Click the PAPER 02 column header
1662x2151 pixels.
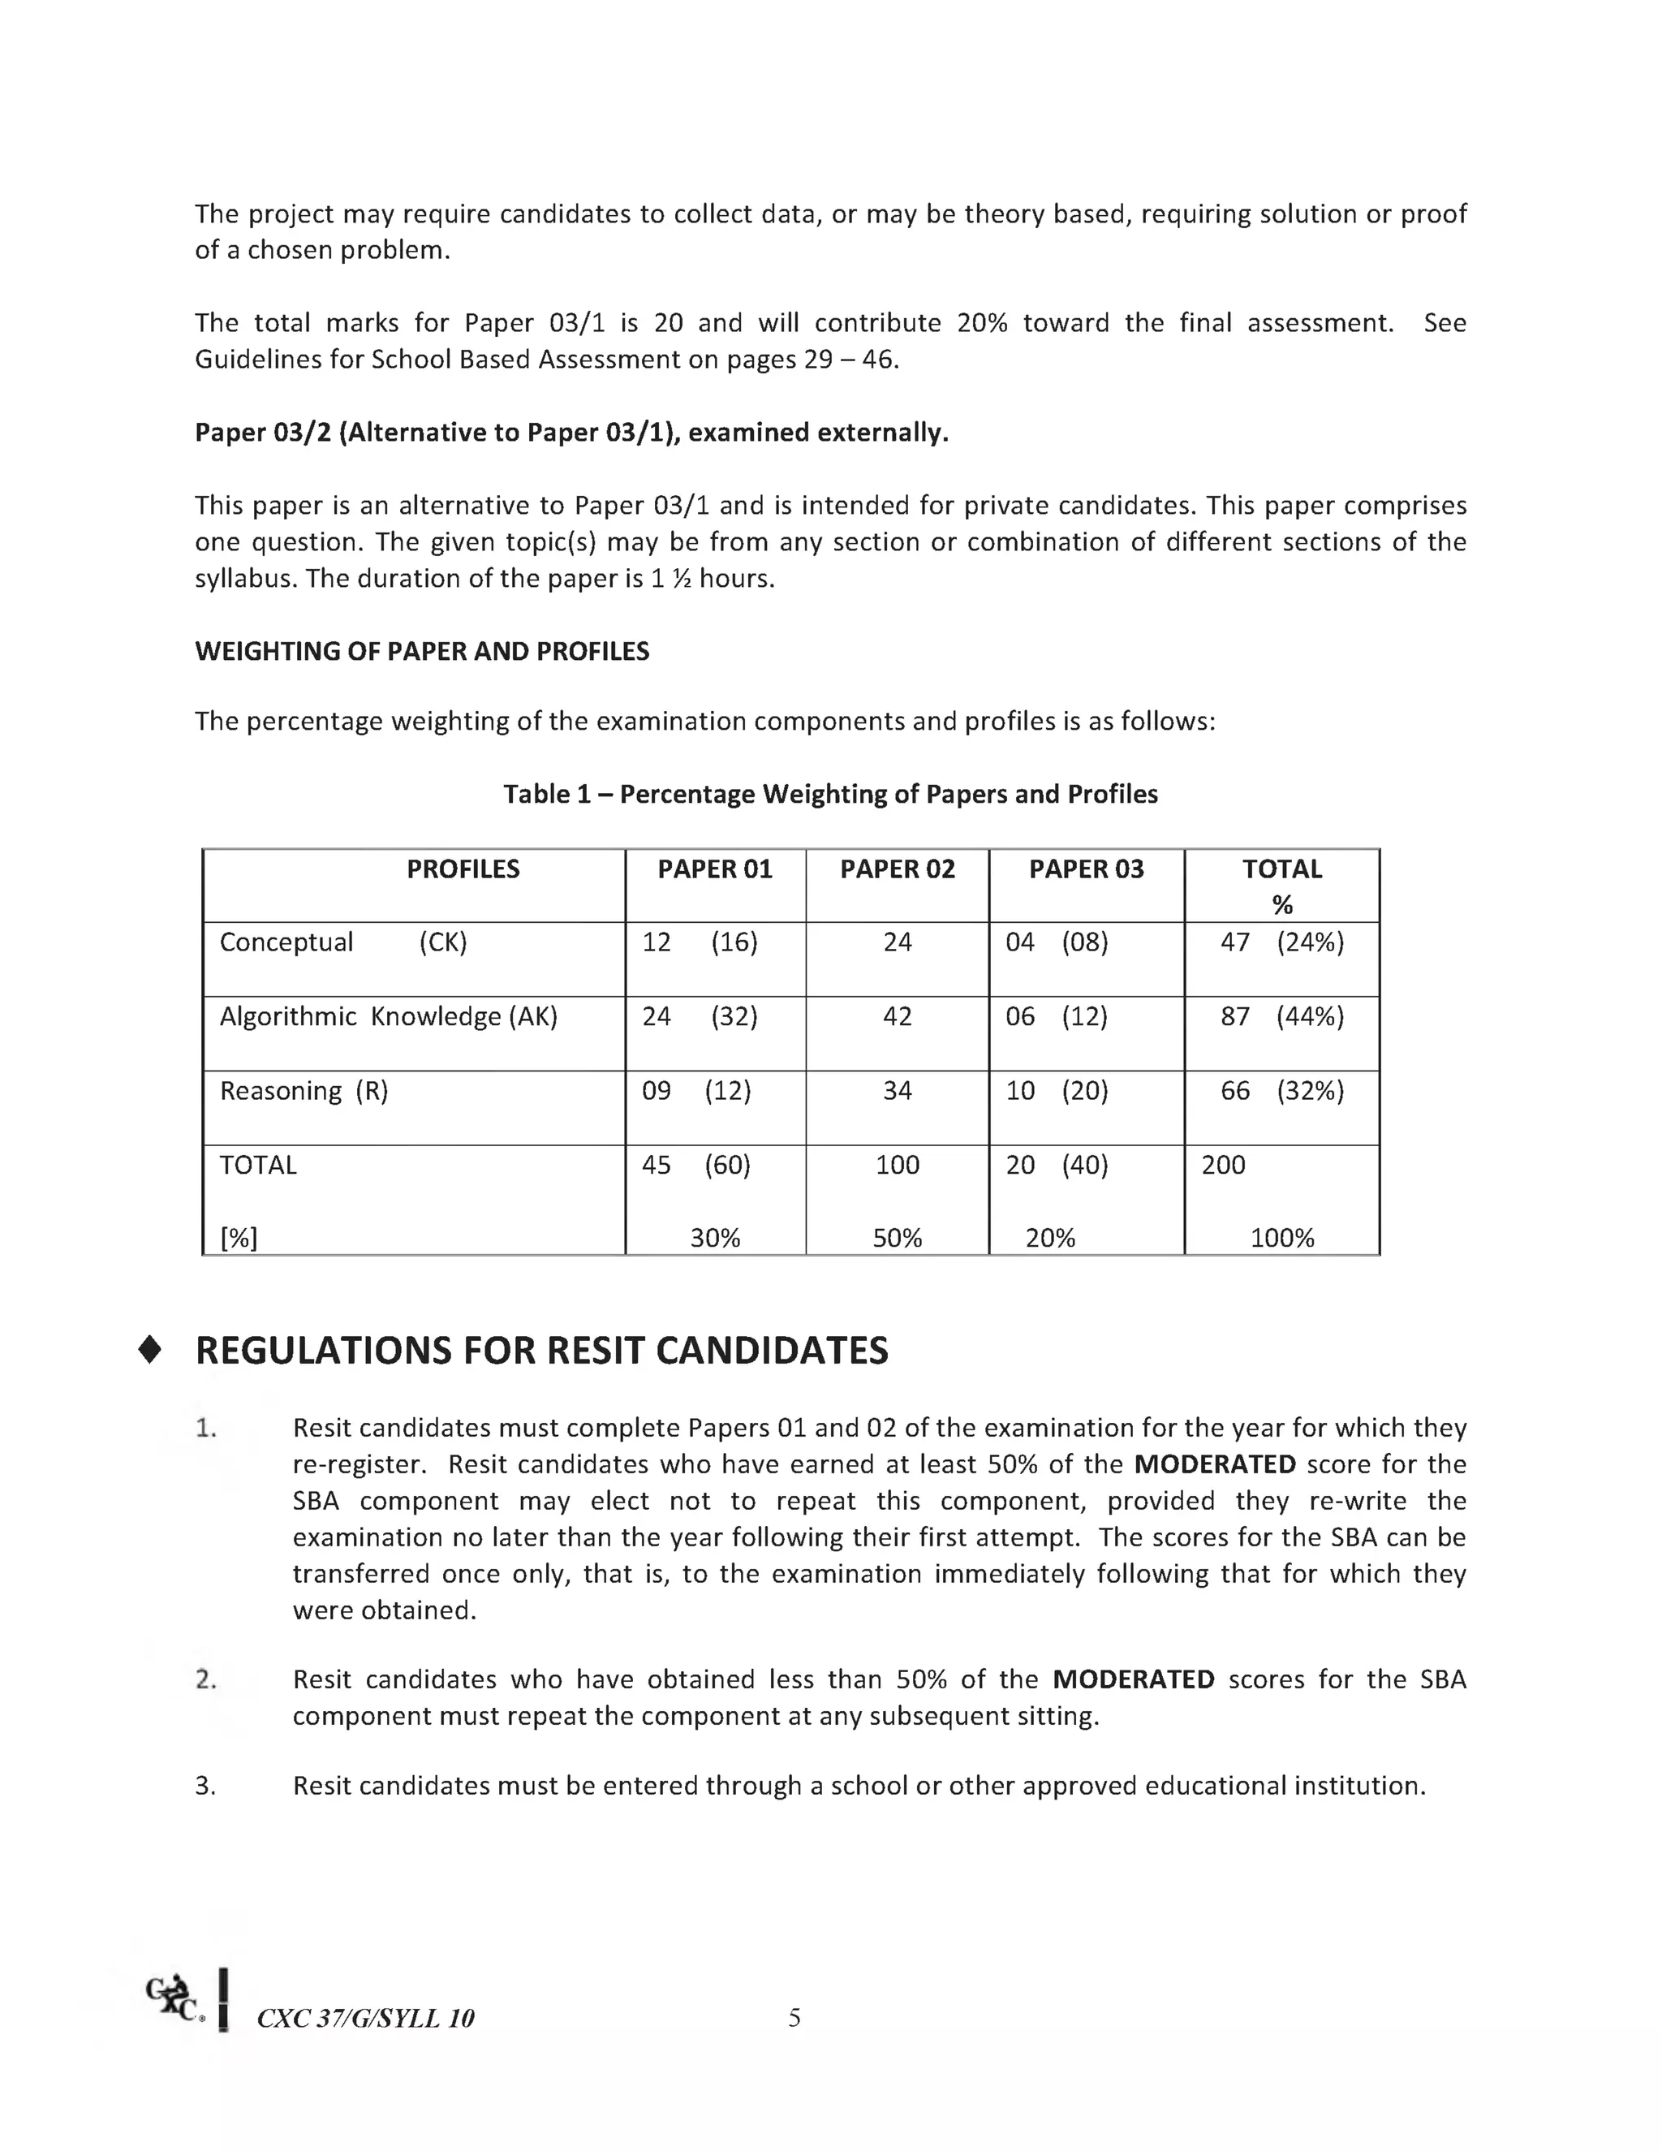(x=897, y=869)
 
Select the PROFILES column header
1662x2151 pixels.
(x=463, y=869)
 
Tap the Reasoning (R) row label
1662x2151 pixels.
(x=304, y=1090)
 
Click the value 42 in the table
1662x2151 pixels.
(x=897, y=1015)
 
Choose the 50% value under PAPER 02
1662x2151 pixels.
(x=897, y=1237)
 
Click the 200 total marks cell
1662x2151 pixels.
(x=1223, y=1164)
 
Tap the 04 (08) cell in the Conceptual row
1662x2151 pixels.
(x=1056, y=942)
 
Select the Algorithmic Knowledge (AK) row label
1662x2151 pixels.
(x=388, y=1015)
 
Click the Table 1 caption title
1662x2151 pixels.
(x=830, y=794)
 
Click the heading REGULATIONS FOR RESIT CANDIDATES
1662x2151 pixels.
(x=541, y=1351)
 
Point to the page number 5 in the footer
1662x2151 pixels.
(x=794, y=2018)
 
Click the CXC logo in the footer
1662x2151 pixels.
(x=176, y=1999)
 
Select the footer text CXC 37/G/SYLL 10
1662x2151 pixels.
(x=365, y=2019)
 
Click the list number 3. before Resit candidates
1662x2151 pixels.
(x=205, y=1786)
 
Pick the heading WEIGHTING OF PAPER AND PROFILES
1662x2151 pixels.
(x=421, y=651)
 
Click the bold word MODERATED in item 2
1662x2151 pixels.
(x=1132, y=1679)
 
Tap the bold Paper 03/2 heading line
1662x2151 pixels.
(x=571, y=433)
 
